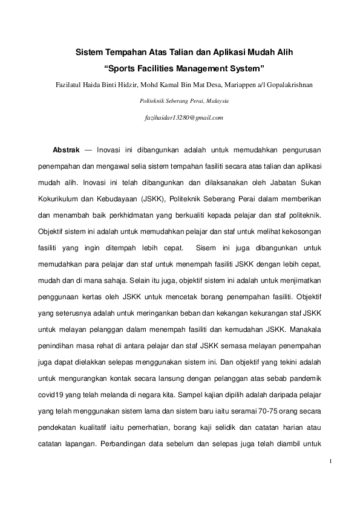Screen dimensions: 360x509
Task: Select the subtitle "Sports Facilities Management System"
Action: [x=185, y=68]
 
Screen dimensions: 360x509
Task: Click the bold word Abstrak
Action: [x=67, y=148]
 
